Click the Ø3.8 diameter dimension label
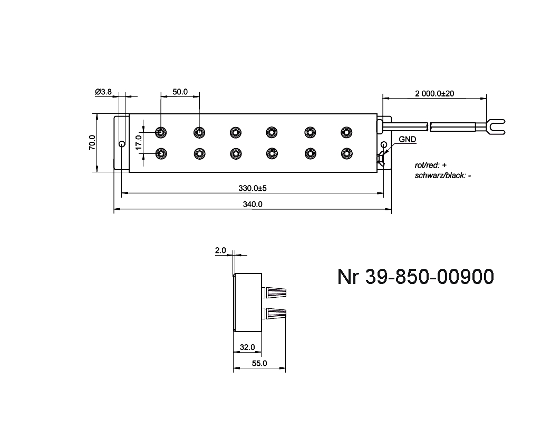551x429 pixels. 103,92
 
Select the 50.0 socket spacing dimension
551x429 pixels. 180,92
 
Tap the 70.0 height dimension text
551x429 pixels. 92,142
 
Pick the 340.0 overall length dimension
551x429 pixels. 253,205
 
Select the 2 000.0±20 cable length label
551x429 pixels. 434,93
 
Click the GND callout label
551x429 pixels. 407,140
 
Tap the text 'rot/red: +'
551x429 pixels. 431,165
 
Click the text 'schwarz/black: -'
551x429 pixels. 443,175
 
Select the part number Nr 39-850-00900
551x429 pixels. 415,277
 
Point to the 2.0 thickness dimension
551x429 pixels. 220,251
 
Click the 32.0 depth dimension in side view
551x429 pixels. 247,347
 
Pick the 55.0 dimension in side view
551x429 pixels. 259,363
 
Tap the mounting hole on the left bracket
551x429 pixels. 122,143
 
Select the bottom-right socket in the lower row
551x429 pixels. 346,153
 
